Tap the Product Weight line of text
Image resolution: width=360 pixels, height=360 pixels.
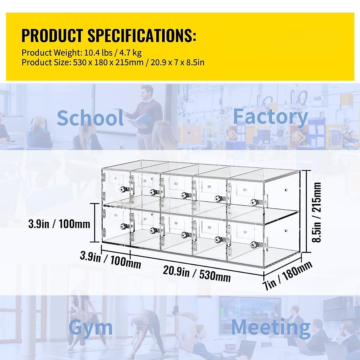coord(81,53)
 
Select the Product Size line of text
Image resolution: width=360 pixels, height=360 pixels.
coord(113,63)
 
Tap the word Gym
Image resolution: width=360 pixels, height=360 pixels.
coord(90,328)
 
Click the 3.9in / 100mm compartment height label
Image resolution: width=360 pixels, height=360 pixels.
coord(59,223)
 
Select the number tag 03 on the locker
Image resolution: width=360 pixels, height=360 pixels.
coord(176,184)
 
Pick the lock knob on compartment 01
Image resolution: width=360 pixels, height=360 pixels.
coord(123,189)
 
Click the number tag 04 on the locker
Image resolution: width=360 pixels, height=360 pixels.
coord(209,187)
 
